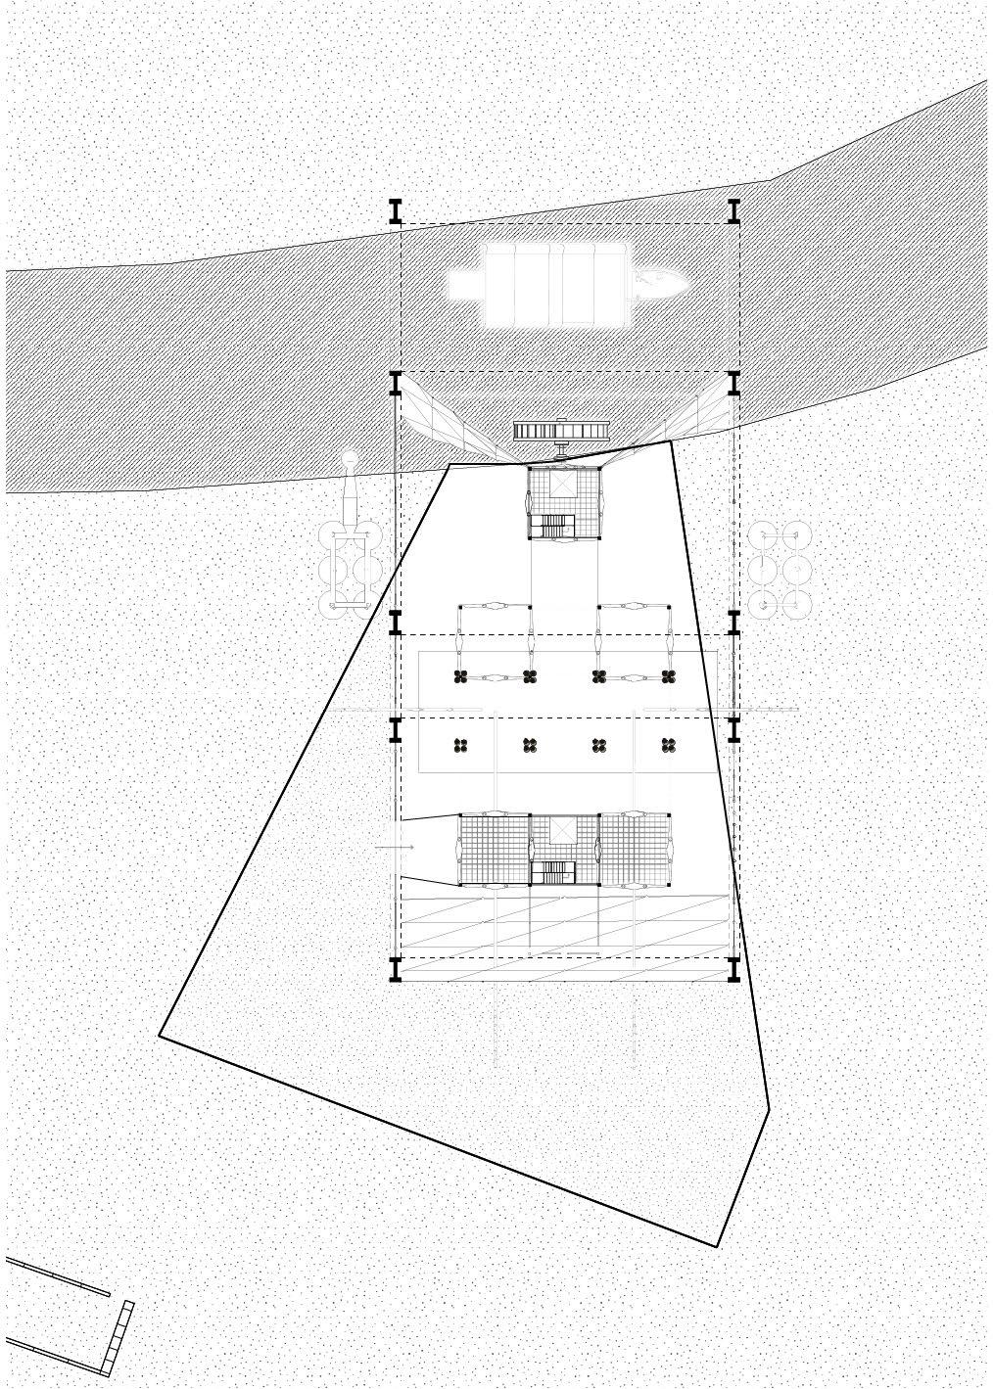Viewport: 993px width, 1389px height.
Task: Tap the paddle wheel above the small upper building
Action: [563, 431]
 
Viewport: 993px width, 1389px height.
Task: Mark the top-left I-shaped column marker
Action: [396, 211]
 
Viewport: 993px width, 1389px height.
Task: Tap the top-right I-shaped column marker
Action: [733, 211]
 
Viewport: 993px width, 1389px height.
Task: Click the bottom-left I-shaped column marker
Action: [396, 969]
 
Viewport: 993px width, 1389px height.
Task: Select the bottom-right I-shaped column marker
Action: [733, 969]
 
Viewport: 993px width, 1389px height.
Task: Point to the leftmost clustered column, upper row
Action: [459, 676]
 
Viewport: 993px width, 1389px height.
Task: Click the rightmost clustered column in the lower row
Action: [669, 746]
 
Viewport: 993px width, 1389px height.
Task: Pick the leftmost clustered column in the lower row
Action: [459, 746]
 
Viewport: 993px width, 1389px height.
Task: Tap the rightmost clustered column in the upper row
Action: [669, 676]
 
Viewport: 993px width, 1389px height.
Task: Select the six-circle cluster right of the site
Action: [780, 568]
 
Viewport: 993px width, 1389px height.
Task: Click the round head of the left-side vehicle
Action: [350, 458]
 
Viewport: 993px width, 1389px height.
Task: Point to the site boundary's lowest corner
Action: [717, 1246]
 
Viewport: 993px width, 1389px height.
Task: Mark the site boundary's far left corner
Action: [160, 1034]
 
